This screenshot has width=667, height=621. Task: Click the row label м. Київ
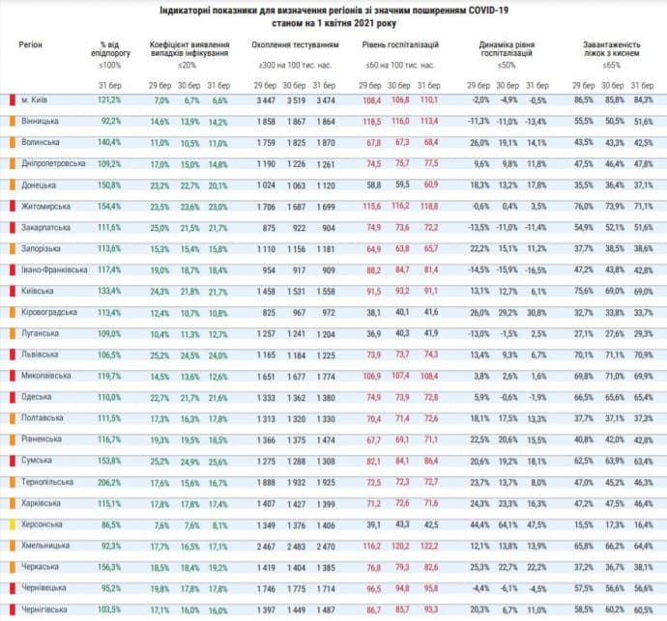[38, 99]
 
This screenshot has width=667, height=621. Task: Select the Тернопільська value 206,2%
[109, 481]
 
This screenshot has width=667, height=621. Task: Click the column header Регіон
[31, 45]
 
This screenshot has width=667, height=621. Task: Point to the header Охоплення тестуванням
[295, 45]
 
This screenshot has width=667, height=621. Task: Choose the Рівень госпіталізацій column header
[400, 45]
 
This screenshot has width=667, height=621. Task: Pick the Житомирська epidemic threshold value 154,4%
[109, 206]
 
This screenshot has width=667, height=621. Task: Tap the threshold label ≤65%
[611, 65]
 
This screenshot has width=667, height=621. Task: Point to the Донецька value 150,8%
[109, 184]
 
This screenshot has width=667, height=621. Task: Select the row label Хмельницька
[45, 545]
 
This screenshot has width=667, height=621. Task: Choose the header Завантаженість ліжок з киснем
[610, 50]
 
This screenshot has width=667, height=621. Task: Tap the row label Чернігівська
[47, 608]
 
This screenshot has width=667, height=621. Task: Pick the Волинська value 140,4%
[109, 142]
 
